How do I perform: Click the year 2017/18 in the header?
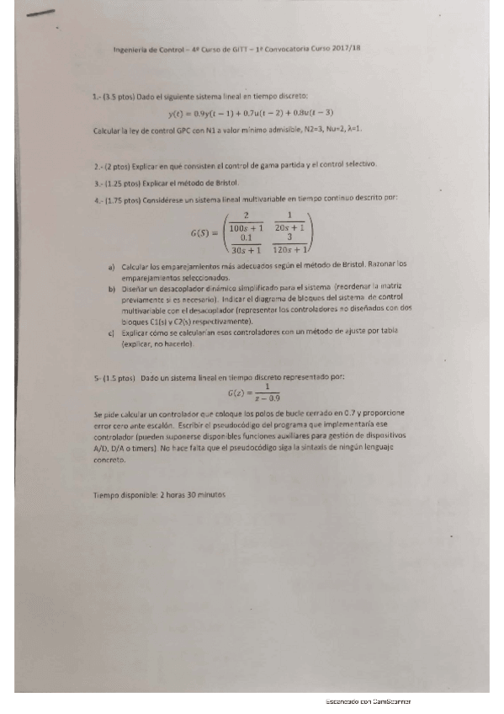pos(347,50)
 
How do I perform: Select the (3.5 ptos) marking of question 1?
pos(119,97)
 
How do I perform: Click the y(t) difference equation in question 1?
pos(251,113)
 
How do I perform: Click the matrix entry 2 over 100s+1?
pos(247,221)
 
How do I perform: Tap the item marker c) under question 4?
pos(113,334)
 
